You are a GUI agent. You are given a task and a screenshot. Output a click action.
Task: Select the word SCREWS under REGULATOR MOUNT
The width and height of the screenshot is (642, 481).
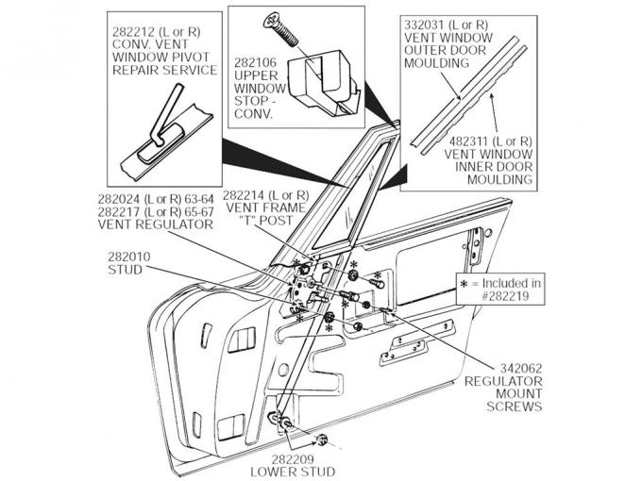[514, 408]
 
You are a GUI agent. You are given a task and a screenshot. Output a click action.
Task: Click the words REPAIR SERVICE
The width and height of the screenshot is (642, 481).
[164, 71]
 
